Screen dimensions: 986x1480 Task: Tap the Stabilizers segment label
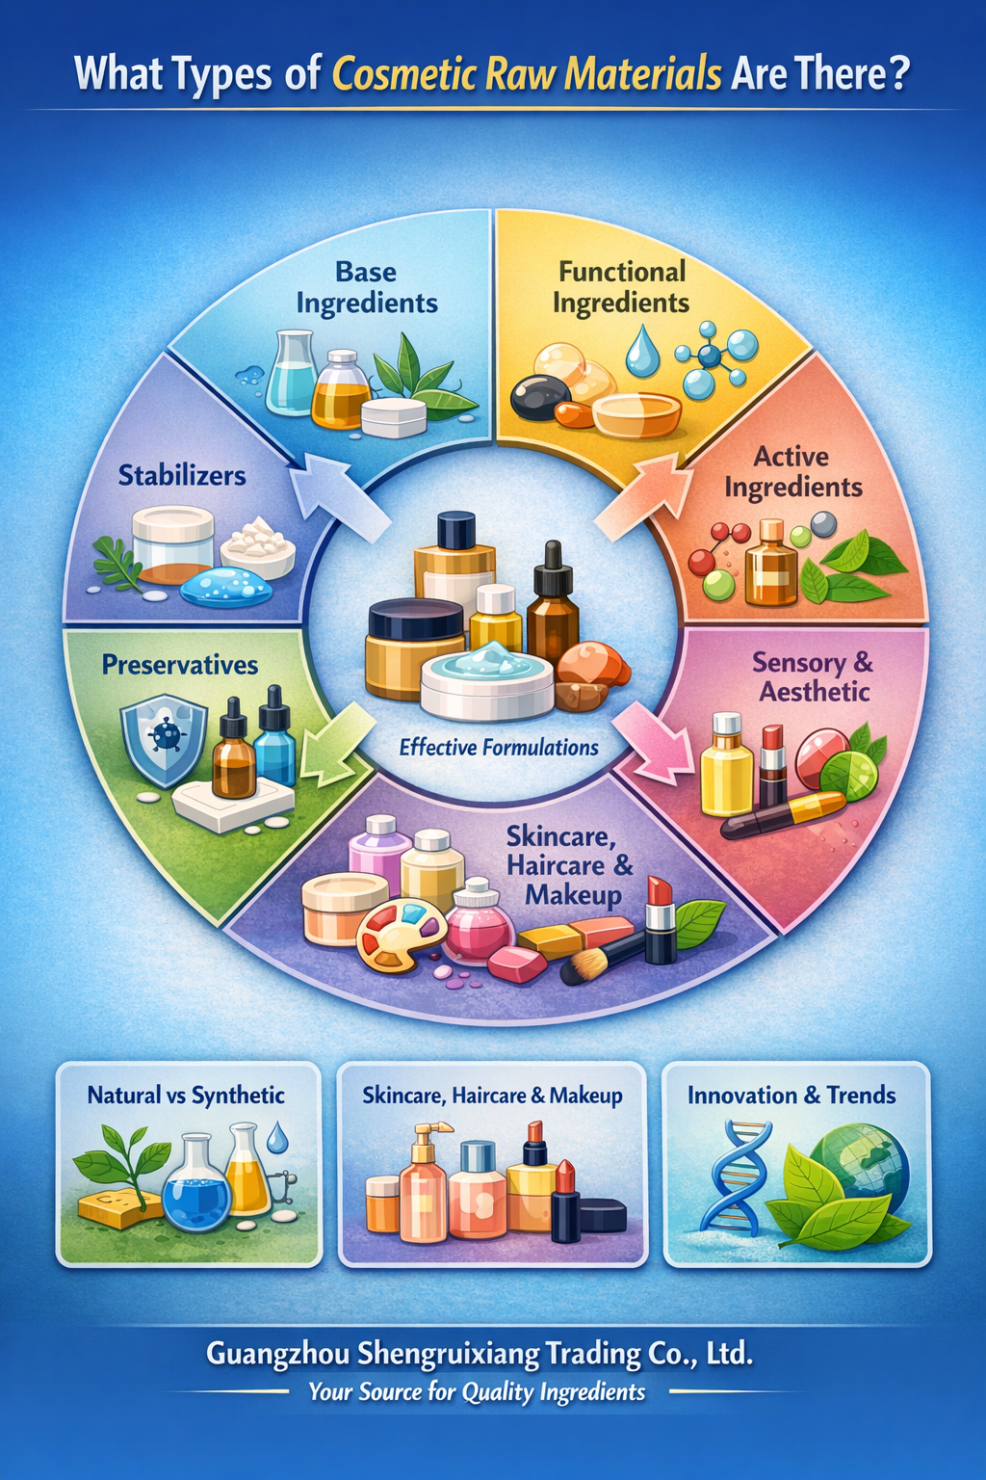click(x=182, y=476)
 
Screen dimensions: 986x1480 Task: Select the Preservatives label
click(x=180, y=665)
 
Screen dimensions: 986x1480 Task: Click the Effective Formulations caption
click(x=499, y=748)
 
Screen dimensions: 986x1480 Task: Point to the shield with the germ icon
click(x=163, y=742)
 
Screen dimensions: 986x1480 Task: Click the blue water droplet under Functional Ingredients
click(x=638, y=350)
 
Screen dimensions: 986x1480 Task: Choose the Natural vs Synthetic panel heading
click(x=186, y=1096)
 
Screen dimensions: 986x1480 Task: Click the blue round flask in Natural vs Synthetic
click(x=195, y=1181)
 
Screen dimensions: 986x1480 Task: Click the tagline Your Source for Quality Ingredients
click(x=477, y=1392)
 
